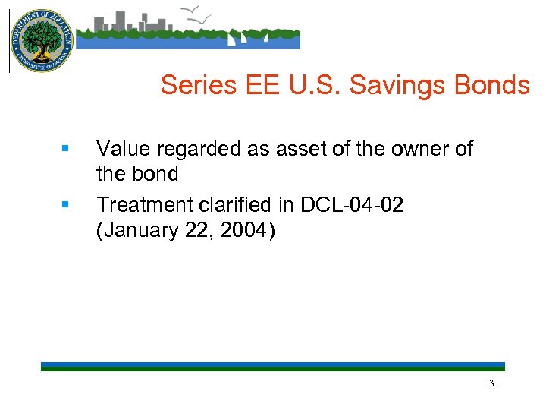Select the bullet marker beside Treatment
(x=65, y=204)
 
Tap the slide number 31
(x=494, y=384)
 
